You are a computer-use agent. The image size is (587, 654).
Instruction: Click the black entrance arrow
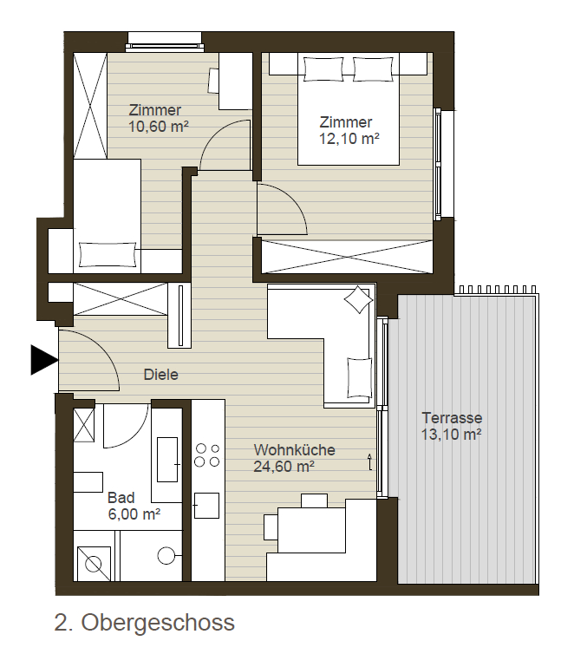[43, 360]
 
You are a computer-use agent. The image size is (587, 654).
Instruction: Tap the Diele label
[161, 374]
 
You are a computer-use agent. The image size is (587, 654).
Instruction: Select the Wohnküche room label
[294, 449]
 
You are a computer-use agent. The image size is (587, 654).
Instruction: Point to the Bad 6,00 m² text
[134, 506]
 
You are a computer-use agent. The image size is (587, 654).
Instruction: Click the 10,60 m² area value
[159, 126]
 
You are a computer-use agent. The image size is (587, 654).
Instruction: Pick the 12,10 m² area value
[349, 138]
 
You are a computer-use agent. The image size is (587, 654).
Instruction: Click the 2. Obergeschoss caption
[145, 622]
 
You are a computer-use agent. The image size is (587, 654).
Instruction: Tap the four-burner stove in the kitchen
[207, 455]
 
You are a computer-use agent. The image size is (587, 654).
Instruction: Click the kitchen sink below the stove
[206, 505]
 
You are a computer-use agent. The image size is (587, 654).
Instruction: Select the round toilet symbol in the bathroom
[166, 555]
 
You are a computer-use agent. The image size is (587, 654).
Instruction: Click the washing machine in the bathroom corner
[93, 563]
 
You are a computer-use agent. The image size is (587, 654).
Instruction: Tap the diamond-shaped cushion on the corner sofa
[358, 299]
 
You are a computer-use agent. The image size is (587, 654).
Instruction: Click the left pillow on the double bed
[323, 69]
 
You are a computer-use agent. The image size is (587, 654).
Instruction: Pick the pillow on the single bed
[108, 254]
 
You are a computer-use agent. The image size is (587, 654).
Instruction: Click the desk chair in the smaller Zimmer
[213, 81]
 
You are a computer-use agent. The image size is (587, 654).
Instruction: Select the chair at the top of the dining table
[314, 500]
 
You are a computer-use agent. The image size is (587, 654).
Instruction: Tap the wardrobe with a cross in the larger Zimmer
[347, 257]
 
